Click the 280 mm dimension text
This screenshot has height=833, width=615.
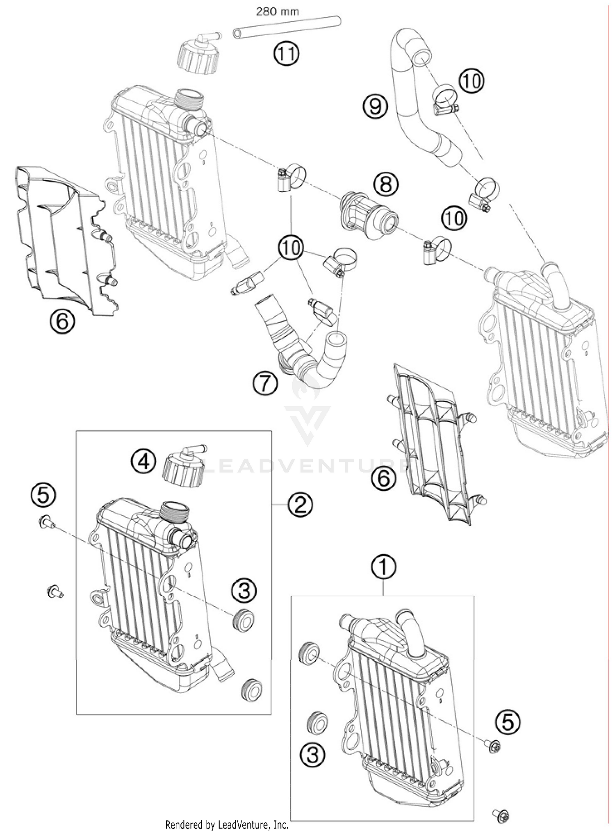coord(278,11)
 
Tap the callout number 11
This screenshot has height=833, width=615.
coord(287,54)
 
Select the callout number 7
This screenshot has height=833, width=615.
coord(265,384)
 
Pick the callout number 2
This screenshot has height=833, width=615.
coord(300,505)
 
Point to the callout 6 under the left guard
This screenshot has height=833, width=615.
coord(63,321)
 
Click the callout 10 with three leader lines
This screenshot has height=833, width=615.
coord(291,248)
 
